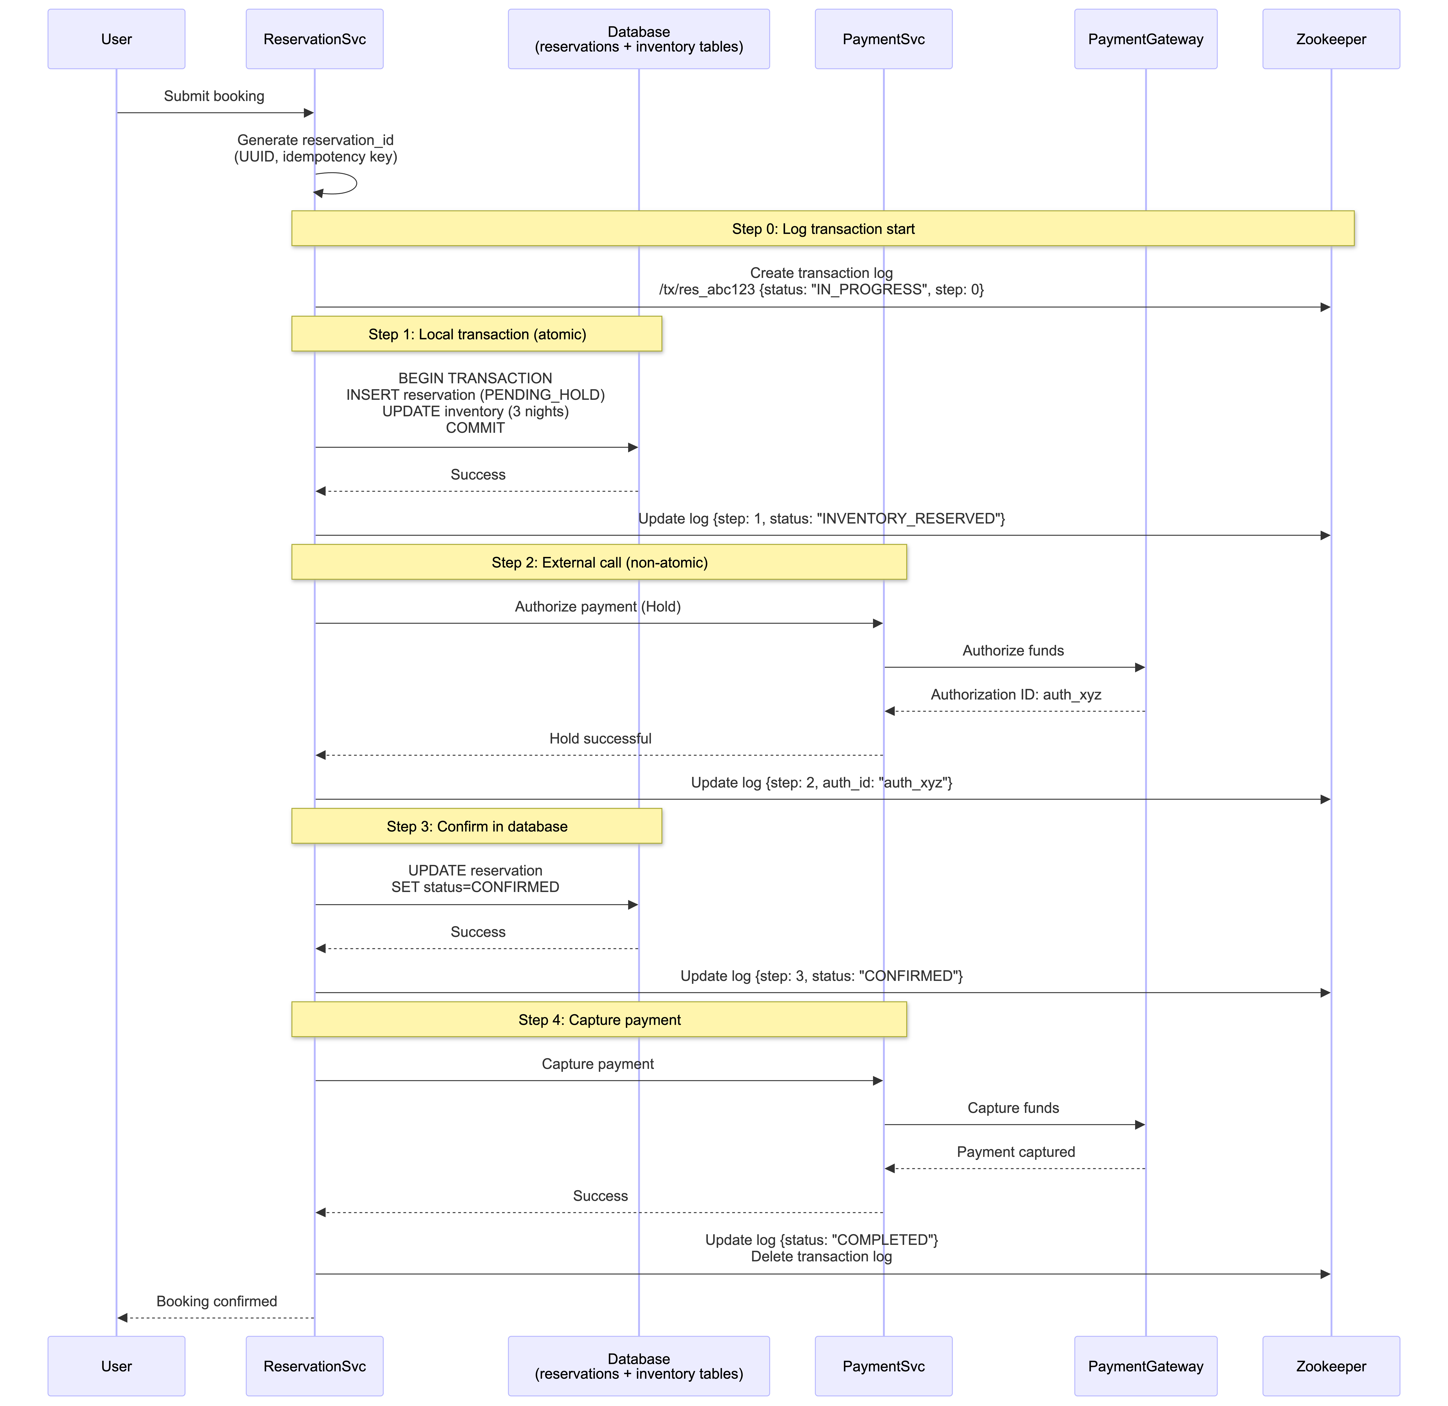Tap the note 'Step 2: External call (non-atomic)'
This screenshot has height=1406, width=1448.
(599, 562)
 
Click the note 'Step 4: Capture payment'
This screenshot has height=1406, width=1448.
(599, 1020)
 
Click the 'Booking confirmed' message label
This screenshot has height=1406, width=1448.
(216, 1301)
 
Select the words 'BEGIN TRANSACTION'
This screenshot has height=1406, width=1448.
(475, 378)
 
